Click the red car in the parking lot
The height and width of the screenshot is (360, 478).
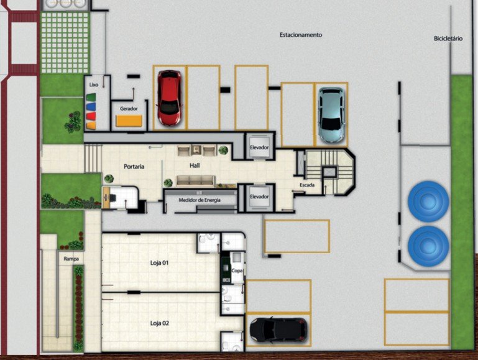(170, 98)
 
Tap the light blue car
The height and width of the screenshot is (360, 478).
(331, 115)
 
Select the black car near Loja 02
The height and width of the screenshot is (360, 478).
(278, 330)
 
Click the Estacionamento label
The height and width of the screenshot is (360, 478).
(301, 35)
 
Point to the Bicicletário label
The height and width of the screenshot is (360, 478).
(448, 39)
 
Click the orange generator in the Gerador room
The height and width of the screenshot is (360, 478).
(129, 121)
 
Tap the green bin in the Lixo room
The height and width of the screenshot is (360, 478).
(91, 98)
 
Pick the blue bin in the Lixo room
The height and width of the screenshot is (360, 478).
(91, 107)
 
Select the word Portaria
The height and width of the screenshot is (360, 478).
(134, 167)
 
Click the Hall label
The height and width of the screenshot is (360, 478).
(195, 165)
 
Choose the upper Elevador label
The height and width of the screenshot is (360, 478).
(259, 147)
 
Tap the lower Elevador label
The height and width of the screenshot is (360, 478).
(259, 196)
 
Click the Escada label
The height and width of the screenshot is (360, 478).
(307, 185)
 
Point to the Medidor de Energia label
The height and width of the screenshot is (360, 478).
(200, 200)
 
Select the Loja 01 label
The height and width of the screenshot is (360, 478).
(159, 263)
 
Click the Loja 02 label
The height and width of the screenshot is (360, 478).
(159, 323)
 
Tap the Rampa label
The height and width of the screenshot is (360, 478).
(71, 259)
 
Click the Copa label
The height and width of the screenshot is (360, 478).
(237, 270)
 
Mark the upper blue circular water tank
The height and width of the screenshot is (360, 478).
(428, 201)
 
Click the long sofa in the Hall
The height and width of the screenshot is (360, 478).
(195, 180)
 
